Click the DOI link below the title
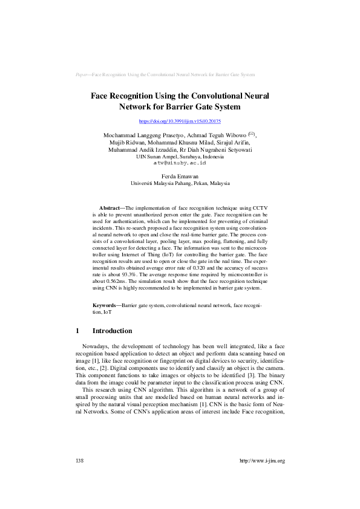[x=180, y=122]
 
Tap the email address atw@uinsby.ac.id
[x=180, y=163]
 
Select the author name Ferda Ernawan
[x=180, y=176]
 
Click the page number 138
[x=79, y=461]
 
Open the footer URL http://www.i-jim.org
[x=262, y=461]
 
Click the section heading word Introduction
[x=112, y=331]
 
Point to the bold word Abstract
[x=109, y=207]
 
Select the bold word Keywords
[x=106, y=306]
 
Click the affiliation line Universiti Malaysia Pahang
[x=180, y=183]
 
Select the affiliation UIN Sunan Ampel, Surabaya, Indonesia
[x=180, y=157]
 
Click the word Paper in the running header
[x=82, y=74]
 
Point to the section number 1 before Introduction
[x=77, y=331]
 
